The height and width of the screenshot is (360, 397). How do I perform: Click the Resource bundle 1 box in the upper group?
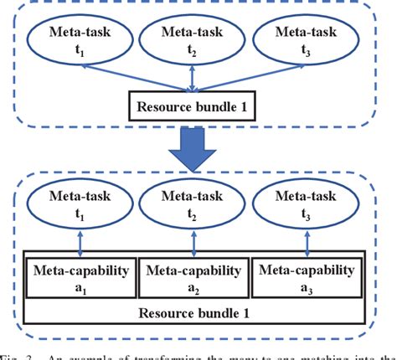pyautogui.click(x=193, y=106)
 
